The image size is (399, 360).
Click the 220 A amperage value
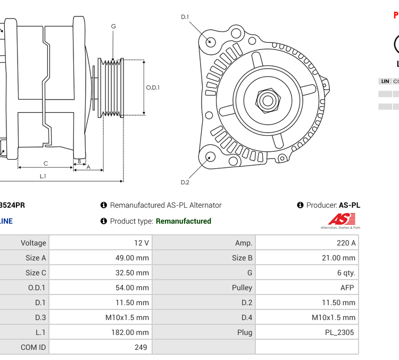point(347,243)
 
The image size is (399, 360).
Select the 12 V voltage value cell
point(142,243)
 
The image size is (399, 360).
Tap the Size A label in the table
point(36,258)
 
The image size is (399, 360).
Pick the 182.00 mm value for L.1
point(131,332)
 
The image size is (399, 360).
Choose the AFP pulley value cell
point(347,288)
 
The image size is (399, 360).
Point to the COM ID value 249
point(140,347)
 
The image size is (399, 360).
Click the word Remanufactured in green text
point(184,221)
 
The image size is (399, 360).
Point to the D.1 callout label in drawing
point(185,17)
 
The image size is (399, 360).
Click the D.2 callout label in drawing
point(185,182)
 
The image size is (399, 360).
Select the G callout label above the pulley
point(113,27)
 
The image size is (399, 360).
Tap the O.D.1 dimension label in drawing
point(153,88)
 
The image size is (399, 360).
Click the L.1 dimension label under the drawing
point(43,176)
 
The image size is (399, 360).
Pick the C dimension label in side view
point(46,163)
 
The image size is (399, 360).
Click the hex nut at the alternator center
point(268,100)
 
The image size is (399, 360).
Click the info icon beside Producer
point(300,205)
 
